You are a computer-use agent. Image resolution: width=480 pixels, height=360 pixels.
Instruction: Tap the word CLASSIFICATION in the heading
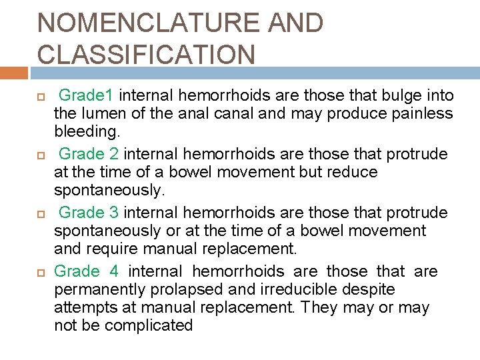coord(146,55)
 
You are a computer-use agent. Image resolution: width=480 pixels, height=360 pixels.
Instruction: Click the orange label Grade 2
coord(89,155)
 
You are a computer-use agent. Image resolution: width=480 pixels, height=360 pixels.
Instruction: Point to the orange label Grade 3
coord(89,213)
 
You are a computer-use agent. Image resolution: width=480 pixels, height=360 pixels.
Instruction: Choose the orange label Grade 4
coord(86,271)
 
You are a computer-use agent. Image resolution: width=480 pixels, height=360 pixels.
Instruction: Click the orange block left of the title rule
coord(13,73)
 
